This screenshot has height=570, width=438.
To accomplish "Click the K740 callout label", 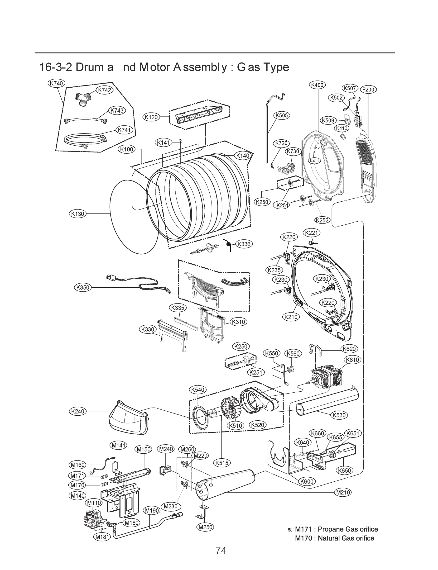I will (x=56, y=83).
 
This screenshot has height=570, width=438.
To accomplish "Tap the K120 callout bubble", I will (x=151, y=117).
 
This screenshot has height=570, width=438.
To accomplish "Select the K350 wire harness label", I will (x=82, y=287).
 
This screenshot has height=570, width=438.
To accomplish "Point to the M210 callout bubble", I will (x=343, y=492).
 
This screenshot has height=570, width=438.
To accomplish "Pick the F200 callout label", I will (x=368, y=90).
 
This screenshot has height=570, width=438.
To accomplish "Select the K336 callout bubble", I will (x=244, y=244).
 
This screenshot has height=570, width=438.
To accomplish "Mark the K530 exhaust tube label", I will (x=339, y=415).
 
